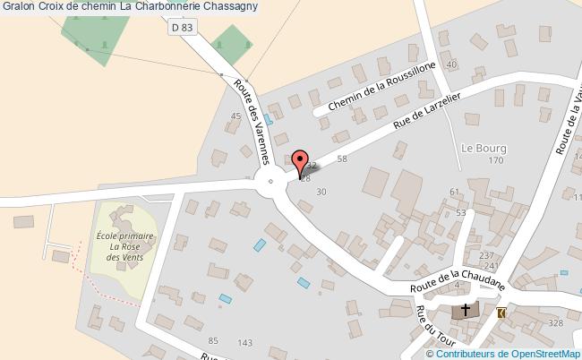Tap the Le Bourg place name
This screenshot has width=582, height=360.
click(484, 148)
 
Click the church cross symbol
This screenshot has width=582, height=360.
click(464, 311)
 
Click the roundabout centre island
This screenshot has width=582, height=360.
click(270, 185)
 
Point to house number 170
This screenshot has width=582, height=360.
click(496, 161)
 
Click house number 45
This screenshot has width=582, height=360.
click(237, 116)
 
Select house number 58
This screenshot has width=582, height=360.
click(341, 159)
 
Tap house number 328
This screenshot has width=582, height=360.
click(556, 323)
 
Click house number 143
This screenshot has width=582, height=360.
click(245, 343)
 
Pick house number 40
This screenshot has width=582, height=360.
click(451, 64)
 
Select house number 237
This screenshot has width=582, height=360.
click(487, 255)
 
